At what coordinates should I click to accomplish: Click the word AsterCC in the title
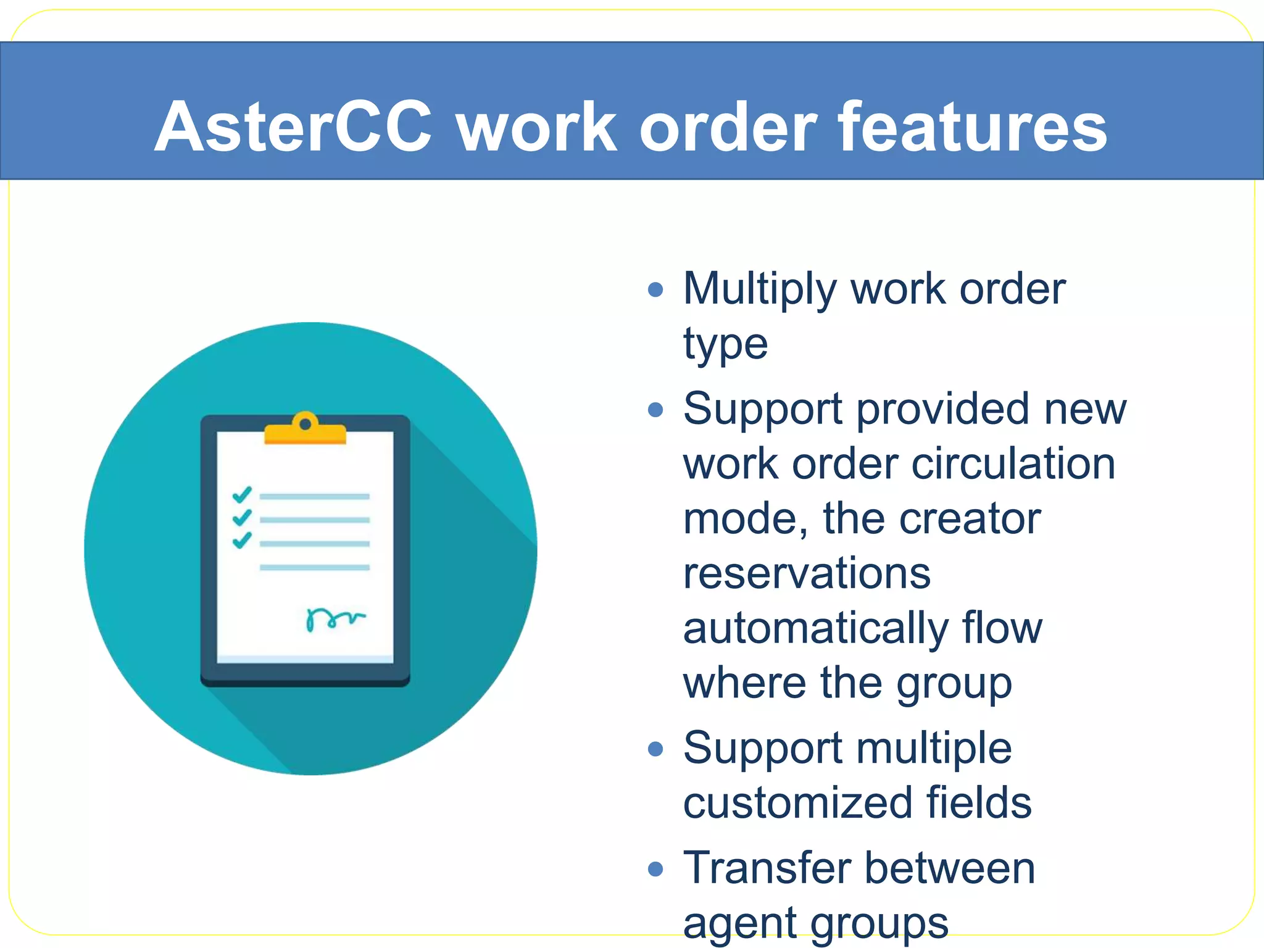point(294,127)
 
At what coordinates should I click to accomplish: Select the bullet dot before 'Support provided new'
point(655,410)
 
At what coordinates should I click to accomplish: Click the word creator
point(970,518)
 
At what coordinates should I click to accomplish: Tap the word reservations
point(807,573)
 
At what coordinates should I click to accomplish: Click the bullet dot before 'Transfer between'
point(655,870)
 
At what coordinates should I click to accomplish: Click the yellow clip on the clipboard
point(305,431)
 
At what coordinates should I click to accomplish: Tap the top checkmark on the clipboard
point(242,494)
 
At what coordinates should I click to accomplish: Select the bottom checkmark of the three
point(242,540)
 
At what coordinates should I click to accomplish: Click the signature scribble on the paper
point(334,618)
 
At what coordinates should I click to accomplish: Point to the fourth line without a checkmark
point(314,567)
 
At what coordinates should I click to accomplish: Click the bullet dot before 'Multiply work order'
point(655,289)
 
